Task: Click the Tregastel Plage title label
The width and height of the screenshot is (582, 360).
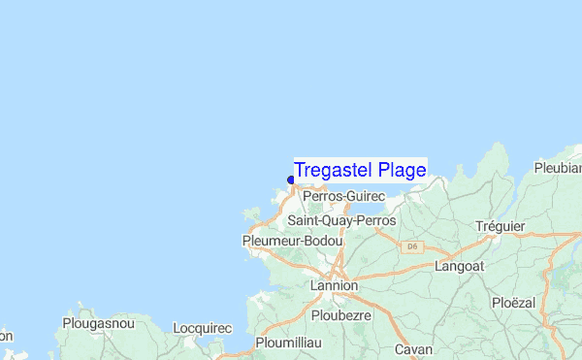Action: pos(360,171)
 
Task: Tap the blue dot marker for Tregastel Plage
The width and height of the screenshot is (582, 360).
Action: pos(291,180)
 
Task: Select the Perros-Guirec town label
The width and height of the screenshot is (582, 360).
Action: pos(344,197)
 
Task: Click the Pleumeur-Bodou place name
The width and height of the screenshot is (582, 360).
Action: pos(288,241)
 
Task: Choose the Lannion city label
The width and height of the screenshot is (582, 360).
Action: pos(334,286)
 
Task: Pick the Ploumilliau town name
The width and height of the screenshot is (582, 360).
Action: pos(293,343)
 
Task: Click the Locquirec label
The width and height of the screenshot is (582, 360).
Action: pos(202,328)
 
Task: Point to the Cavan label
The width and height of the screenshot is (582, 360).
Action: pos(413,349)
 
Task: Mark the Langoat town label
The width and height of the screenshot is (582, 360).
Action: pos(459,265)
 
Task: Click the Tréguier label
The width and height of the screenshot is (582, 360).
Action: pos(500,226)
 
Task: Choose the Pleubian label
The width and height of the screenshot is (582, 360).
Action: pos(558,168)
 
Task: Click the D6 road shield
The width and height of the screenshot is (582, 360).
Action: pos(412,246)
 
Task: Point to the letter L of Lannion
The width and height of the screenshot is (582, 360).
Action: pos(313,286)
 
